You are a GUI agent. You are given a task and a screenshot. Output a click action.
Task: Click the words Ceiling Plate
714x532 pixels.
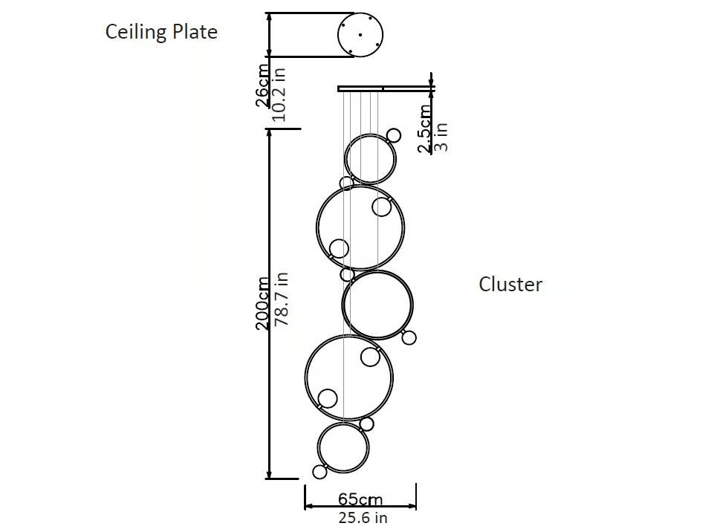pos(161,32)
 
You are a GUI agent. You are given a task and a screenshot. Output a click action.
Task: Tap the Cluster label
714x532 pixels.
pos(510,285)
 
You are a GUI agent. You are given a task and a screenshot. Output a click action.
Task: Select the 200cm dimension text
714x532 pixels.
pos(262,303)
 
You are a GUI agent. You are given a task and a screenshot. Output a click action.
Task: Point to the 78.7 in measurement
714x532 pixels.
pos(282,299)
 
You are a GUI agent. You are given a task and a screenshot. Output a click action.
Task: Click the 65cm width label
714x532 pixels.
pos(360,499)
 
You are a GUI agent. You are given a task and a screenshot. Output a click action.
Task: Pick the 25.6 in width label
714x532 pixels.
pos(363,518)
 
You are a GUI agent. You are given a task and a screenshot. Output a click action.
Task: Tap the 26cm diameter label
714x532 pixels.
pos(262,85)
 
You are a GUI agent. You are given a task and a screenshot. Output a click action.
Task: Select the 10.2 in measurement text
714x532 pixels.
pos(279,94)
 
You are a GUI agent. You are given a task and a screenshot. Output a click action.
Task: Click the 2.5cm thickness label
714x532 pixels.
pos(424,129)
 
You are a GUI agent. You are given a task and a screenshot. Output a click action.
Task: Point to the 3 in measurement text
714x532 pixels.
pos(441,137)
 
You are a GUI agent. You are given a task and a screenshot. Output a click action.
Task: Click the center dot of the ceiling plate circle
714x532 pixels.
pos(360,35)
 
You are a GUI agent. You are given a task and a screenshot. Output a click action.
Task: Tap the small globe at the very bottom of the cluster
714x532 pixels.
pos(319,472)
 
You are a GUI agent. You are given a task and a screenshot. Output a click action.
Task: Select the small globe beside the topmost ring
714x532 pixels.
pos(394,135)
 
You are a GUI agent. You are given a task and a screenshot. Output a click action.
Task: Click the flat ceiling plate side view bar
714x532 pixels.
pos(386,89)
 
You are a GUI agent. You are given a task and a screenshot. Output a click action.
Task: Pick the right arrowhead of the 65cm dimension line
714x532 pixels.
pos(412,505)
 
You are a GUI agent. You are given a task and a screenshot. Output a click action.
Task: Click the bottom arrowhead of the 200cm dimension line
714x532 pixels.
pos(269,475)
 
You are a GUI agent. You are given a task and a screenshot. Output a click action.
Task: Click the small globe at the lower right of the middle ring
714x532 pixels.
pos(409,337)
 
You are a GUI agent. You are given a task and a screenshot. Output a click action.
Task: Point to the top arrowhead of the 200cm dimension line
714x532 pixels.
pos(270,134)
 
